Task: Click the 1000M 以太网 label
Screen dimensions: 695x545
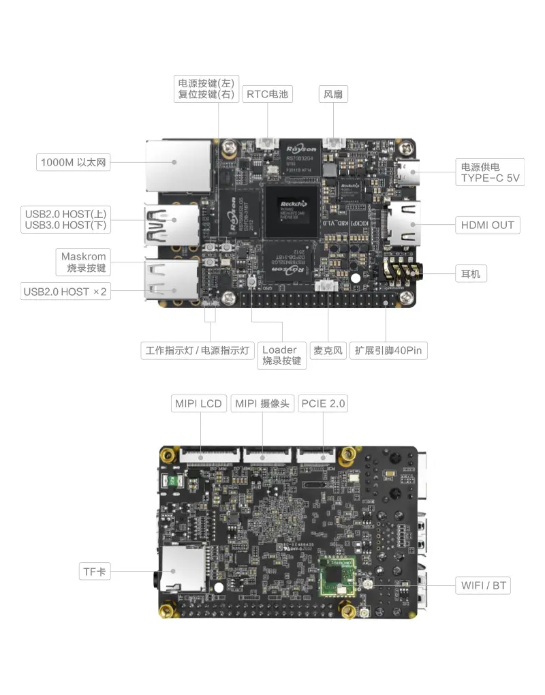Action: [x=74, y=162]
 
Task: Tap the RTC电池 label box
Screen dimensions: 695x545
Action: [x=267, y=94]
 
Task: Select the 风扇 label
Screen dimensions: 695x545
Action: [x=333, y=94]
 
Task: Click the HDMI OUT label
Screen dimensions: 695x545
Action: [x=487, y=225]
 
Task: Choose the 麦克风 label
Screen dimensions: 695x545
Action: [x=328, y=351]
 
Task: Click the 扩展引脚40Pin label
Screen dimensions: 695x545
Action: [x=388, y=351]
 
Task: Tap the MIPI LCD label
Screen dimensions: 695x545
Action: [x=198, y=403]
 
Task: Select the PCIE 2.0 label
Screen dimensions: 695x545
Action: [x=323, y=403]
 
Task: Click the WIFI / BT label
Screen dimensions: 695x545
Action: [x=483, y=585]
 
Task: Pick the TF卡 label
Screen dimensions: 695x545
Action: [x=95, y=572]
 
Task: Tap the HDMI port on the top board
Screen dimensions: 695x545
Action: [x=403, y=224]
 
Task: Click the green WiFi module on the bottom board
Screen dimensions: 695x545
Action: [x=338, y=576]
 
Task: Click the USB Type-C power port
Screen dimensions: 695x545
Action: [x=409, y=172]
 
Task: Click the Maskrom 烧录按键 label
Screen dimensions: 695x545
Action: [x=84, y=262]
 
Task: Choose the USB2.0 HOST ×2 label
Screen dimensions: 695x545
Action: [x=65, y=292]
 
